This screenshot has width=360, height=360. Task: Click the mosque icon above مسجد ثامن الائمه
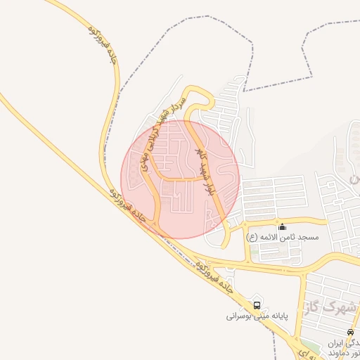pyautogui.click(x=283, y=226)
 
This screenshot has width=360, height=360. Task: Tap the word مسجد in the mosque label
pyautogui.click(x=308, y=238)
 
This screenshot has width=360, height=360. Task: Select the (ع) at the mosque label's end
pyautogui.click(x=252, y=238)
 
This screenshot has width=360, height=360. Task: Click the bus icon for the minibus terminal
pyautogui.click(x=257, y=305)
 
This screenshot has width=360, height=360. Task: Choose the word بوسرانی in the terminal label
pyautogui.click(x=240, y=316)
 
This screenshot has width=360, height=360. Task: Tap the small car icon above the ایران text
pyautogui.click(x=350, y=332)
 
